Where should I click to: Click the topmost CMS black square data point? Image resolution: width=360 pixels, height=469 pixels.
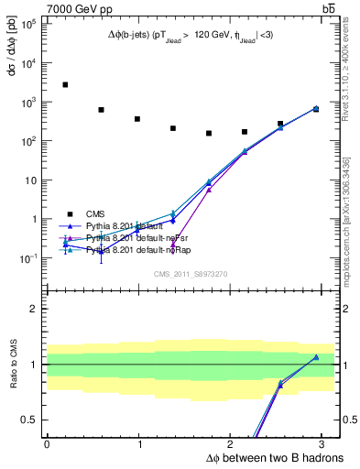(65, 84)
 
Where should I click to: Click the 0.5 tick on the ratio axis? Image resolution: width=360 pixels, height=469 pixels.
(28, 420)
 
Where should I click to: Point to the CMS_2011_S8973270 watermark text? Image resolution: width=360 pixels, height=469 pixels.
(190, 274)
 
